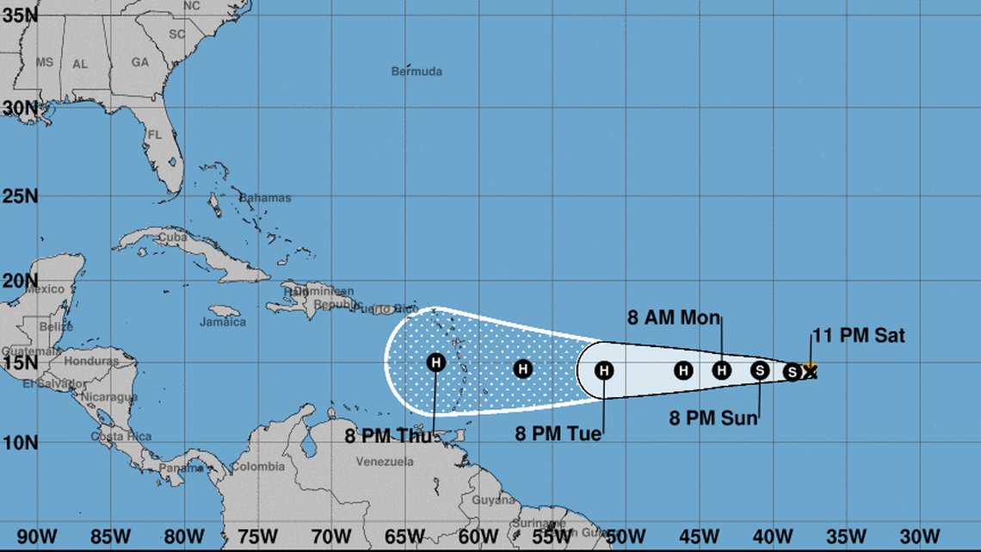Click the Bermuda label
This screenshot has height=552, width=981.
pos(416,71)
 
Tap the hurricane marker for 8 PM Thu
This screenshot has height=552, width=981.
pos(436,363)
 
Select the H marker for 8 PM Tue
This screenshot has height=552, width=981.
pos(604,370)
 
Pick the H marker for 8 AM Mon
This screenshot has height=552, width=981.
pos(722,370)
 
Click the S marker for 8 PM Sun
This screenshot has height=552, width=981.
pos(760,370)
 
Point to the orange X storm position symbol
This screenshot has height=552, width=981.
pos(809,370)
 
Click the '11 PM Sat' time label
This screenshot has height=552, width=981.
pos(858,336)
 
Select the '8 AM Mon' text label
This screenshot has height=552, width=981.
pos(673,318)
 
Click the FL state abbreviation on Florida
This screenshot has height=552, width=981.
pos(154,135)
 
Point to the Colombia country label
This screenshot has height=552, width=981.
pos(258,467)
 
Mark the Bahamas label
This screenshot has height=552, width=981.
pos(265,198)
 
